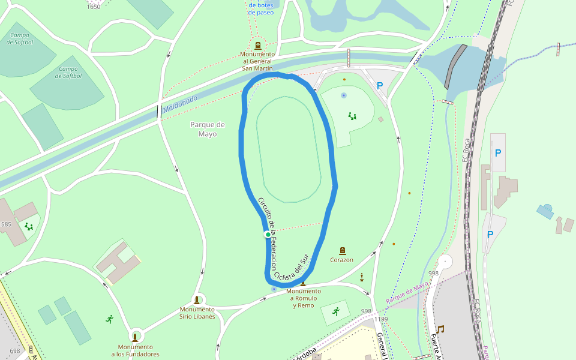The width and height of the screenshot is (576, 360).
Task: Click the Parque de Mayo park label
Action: pyautogui.click(x=207, y=129)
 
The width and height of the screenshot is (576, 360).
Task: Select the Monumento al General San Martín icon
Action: pyautogui.click(x=258, y=46)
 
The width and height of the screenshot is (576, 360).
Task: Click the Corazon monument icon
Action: pyautogui.click(x=342, y=251)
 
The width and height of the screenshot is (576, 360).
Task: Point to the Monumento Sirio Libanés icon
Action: pyautogui.click(x=197, y=300)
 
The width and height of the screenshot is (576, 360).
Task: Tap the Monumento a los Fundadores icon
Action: pyautogui.click(x=135, y=337)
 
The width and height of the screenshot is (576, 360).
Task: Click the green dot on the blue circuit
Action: pyautogui.click(x=268, y=235)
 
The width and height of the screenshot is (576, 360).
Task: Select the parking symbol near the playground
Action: pyautogui.click(x=379, y=86)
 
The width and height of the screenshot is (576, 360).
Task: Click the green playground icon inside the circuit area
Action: pyautogui.click(x=352, y=116)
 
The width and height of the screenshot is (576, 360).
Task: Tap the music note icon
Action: pyautogui.click(x=440, y=329)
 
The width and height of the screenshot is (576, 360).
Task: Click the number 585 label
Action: pyautogui.click(x=6, y=224)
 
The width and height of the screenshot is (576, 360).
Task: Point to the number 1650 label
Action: pyautogui.click(x=94, y=7)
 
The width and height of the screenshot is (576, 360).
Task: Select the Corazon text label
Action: pyautogui.click(x=341, y=260)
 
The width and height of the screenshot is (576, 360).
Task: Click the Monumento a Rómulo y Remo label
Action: pyautogui.click(x=304, y=298)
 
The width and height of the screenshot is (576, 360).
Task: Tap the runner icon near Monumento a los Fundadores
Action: pyautogui.click(x=109, y=319)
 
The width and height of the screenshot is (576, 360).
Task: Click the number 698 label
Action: pyautogui.click(x=15, y=350)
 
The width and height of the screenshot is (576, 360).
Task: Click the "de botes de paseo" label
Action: pyautogui.click(x=260, y=8)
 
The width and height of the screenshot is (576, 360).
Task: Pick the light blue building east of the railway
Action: pyautogui.click(x=545, y=211)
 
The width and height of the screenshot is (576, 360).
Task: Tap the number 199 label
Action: pyautogui.click(x=383, y=319)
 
